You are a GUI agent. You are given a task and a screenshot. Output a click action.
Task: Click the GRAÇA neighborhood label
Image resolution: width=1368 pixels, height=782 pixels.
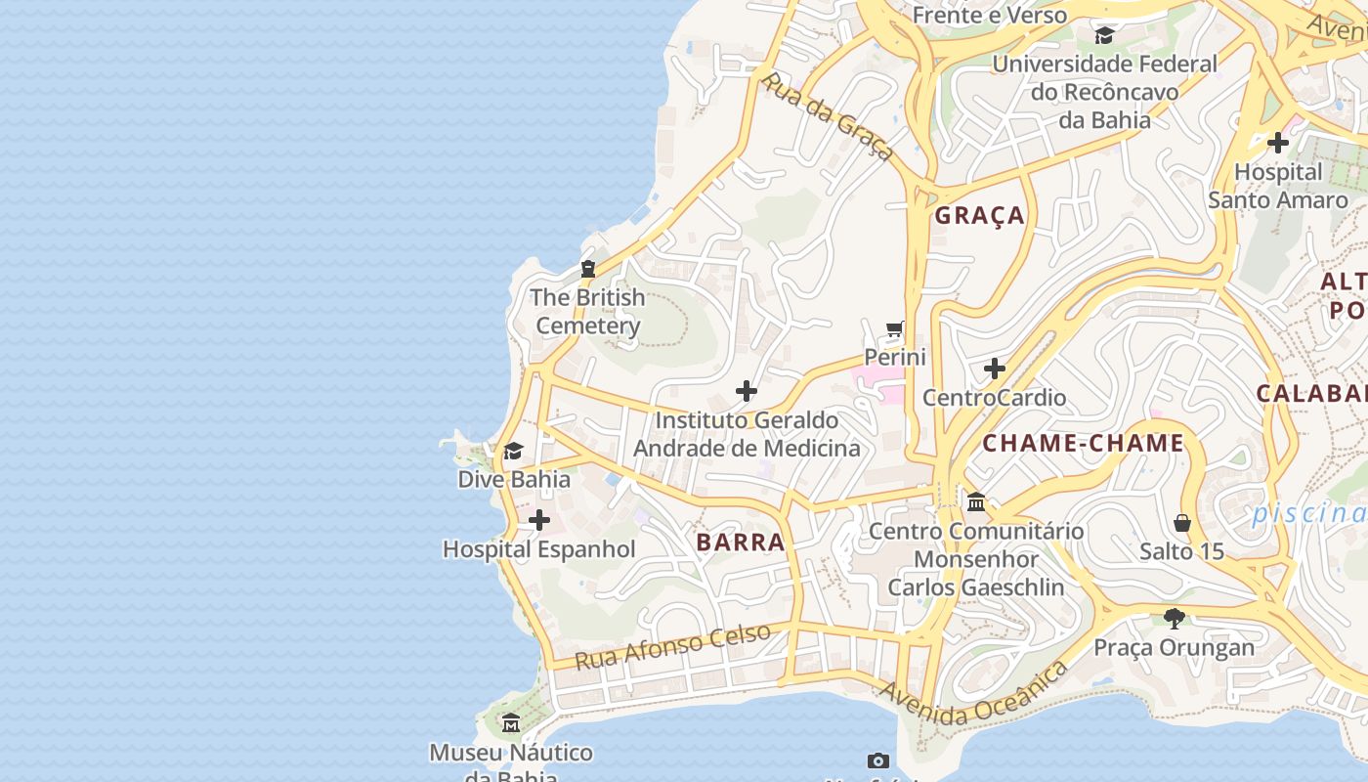[980, 216]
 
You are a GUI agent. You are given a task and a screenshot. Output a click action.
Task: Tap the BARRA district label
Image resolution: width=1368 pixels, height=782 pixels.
[741, 543]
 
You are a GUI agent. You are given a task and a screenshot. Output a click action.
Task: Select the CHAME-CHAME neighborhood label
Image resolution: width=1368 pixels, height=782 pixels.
[1083, 444]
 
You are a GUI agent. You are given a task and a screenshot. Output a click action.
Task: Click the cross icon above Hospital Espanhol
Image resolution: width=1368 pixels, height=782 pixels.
[538, 520]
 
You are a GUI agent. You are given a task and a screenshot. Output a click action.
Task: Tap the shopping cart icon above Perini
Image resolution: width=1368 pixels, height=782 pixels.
[895, 328]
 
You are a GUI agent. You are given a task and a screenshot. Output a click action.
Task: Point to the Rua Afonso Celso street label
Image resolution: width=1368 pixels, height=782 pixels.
[672, 647]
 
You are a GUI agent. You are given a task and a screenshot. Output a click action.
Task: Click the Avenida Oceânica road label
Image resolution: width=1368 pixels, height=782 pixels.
[973, 696]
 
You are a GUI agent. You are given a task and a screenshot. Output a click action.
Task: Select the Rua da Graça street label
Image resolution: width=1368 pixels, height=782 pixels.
[828, 116]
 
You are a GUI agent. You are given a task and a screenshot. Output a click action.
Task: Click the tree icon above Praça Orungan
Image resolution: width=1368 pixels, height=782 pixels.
[1175, 618]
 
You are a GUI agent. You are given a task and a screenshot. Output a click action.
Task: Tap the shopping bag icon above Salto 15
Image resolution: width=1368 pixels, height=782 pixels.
[1182, 523]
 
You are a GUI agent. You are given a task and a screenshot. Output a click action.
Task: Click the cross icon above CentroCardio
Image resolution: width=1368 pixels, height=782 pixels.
[995, 369]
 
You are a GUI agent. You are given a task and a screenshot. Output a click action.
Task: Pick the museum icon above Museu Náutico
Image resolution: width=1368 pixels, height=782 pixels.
[511, 723]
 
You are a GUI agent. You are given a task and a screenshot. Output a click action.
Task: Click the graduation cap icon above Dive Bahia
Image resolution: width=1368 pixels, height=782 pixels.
[513, 451]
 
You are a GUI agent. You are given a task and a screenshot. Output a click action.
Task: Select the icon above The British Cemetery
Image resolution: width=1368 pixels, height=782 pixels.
[588, 268]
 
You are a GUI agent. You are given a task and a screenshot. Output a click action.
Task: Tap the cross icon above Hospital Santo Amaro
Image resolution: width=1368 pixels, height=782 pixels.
[1278, 143]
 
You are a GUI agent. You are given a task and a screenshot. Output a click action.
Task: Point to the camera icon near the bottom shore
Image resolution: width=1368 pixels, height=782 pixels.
[878, 760]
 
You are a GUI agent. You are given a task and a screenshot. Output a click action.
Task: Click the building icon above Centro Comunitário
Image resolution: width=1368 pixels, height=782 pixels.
[976, 502]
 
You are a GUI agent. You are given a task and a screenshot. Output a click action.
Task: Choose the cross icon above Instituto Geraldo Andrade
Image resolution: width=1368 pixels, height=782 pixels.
[747, 392]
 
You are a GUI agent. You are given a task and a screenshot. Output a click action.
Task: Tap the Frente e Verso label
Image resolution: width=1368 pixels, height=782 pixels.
[989, 15]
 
